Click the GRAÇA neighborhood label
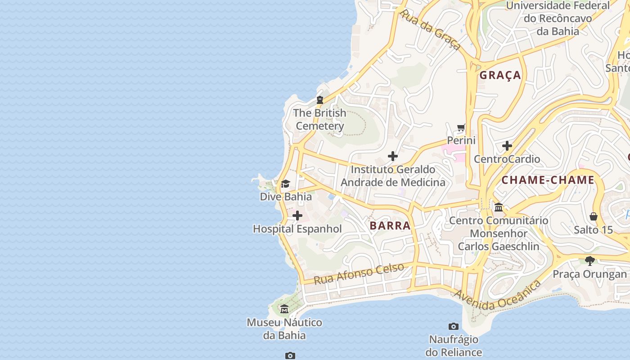[x=500, y=75]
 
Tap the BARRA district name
[x=390, y=225]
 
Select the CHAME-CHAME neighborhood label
[x=548, y=180]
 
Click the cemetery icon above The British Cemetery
[x=320, y=99]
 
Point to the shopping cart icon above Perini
[x=461, y=128]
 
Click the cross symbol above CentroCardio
[x=507, y=146]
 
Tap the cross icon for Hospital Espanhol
[x=297, y=216]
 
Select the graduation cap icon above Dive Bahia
[x=285, y=184]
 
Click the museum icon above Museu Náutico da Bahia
[x=284, y=309]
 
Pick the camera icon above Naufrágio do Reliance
[x=454, y=326]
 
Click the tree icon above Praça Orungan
[x=590, y=261]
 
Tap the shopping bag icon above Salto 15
[x=594, y=217]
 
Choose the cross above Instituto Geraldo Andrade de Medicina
[x=393, y=156]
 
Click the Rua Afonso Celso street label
[x=359, y=274]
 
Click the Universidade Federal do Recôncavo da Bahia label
[x=558, y=18]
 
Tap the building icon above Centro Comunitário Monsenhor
[x=499, y=207]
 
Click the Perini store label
[x=461, y=140]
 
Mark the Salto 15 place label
[x=593, y=230]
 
